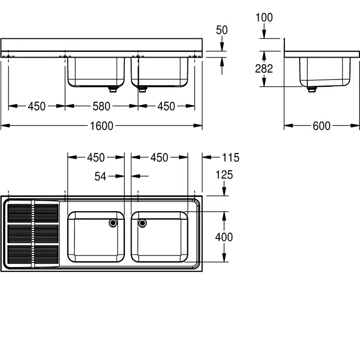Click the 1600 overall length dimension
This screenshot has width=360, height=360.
101,126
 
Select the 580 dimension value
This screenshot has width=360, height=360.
101,107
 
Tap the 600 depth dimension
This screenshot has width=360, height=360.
321,126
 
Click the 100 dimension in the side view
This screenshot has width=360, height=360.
263,18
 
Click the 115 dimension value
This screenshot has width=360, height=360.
230,157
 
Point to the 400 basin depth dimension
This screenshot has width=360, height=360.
225,237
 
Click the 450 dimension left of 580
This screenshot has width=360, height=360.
36,107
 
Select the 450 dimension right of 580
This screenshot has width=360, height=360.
166,107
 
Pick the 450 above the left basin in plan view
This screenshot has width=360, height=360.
96,157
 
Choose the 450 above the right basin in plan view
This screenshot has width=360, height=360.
159,157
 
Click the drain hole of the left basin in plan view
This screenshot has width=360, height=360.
114,223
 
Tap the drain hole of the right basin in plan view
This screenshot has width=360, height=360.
142,223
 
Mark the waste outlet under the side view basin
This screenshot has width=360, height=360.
312,89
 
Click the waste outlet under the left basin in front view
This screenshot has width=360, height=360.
113,89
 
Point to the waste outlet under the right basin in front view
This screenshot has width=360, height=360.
142,89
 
